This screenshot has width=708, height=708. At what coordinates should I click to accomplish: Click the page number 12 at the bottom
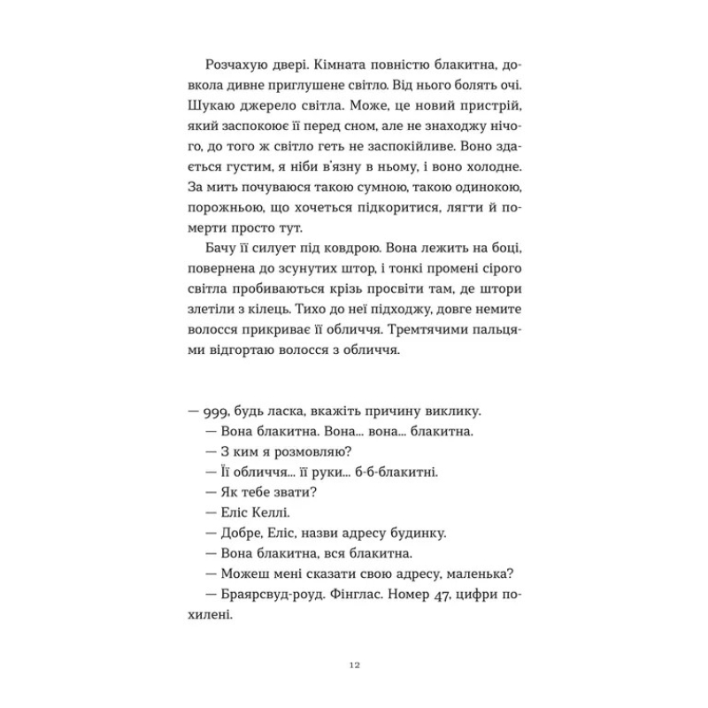354,665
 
